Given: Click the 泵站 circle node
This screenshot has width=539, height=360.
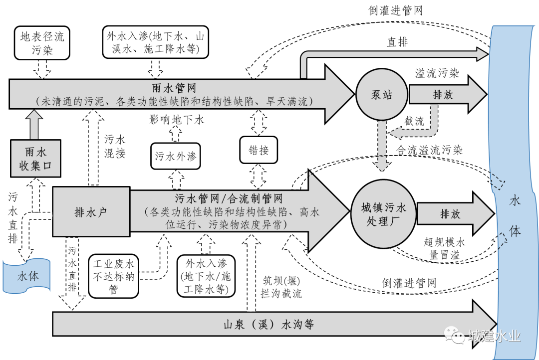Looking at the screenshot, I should pyautogui.click(x=381, y=94).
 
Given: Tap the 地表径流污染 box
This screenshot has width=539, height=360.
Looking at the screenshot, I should pyautogui.click(x=42, y=43).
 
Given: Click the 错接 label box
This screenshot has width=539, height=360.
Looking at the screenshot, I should pyautogui.click(x=259, y=150).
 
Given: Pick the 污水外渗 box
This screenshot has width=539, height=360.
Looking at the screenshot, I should pyautogui.click(x=175, y=157).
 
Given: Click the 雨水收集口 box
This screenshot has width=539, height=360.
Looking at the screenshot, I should pyautogui.click(x=35, y=159).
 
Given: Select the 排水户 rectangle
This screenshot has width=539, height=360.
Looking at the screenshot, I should pyautogui.click(x=91, y=212).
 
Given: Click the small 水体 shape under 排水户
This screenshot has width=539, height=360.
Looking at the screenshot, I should pyautogui.click(x=27, y=276).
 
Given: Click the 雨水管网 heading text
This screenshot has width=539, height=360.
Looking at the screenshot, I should pyautogui.click(x=174, y=88).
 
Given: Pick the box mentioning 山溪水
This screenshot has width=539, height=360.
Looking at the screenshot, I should pyautogui.click(x=156, y=43).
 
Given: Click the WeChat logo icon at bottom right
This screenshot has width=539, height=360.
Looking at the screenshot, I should pyautogui.click(x=455, y=335).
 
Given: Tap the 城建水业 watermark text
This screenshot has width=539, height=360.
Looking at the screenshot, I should pyautogui.click(x=494, y=336).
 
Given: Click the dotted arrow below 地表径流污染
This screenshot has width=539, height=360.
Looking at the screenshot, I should pyautogui.click(x=42, y=68).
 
